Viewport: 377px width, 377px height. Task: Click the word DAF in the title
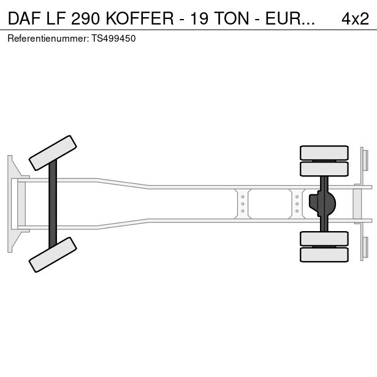coord(24,18)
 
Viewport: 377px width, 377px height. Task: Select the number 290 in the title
coord(85,18)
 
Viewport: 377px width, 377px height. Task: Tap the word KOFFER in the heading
coord(140,18)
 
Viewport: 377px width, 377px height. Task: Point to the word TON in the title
coord(232,18)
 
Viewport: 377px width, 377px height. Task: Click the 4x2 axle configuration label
coord(355,18)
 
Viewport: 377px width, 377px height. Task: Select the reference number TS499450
coord(113,39)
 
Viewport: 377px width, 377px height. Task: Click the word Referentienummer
coord(48,39)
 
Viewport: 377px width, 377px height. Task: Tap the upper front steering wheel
coord(53,153)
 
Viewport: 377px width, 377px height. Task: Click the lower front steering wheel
coord(53,254)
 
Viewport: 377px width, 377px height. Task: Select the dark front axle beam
coord(53,204)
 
